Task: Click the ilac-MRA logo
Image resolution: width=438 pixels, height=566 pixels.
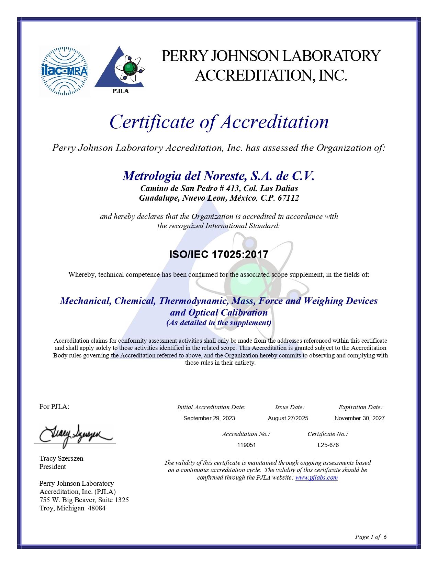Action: (64, 71)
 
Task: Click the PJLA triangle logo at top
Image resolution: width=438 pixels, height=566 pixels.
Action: (120, 70)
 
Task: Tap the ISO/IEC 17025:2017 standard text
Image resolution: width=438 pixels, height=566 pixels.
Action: (219, 255)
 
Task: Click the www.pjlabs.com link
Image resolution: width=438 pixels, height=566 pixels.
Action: (316, 477)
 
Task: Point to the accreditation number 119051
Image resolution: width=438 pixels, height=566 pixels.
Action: (246, 445)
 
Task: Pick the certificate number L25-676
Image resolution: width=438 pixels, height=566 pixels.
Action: (328, 445)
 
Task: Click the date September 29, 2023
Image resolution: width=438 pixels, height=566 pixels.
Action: (209, 418)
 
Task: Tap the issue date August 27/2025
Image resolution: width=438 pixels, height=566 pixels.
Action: (288, 418)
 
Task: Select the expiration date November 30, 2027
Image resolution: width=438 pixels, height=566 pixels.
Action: (359, 418)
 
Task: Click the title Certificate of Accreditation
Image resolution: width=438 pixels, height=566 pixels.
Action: (219, 122)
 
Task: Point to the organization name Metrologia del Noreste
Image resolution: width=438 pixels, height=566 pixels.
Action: (219, 176)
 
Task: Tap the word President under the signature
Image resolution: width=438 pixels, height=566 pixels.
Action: (53, 467)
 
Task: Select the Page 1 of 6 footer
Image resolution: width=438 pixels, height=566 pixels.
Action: (371, 537)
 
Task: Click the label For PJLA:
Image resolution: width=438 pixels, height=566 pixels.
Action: (54, 406)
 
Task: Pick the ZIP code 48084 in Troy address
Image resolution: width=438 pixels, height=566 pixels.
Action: (97, 508)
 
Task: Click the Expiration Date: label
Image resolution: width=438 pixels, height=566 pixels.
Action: (360, 407)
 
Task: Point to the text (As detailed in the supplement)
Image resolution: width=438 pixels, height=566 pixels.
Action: (219, 323)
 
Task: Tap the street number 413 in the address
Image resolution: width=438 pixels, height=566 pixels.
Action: (233, 188)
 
